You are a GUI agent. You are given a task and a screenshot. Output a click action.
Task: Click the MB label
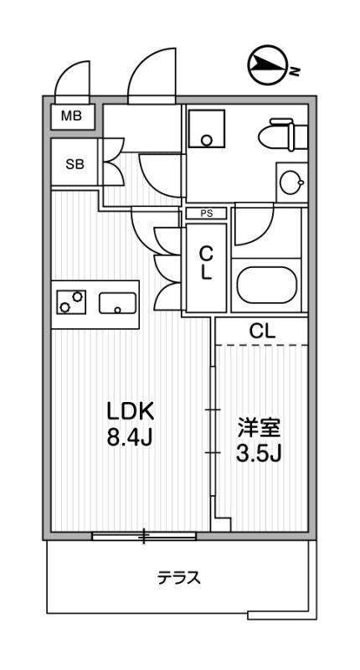coord(71,116)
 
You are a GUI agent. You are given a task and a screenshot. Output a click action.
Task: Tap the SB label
coord(75,164)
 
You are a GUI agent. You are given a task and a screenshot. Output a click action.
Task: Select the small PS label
coord(207,214)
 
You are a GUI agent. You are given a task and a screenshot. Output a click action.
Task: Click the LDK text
coord(130,412)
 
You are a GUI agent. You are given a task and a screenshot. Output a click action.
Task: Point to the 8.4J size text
coord(130,437)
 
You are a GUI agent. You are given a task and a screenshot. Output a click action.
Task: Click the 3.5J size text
coord(259,454)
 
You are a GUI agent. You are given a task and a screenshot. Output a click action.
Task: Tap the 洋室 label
coord(259,429)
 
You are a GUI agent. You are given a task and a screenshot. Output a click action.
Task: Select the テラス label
coord(179,578)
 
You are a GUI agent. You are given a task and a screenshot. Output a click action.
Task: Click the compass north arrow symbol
coord(266,64)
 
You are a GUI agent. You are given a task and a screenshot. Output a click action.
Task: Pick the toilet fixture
coord(283,136)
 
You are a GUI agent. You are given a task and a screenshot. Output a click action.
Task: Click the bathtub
coord(267,285)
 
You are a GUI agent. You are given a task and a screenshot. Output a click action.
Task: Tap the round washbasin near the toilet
coord(291,183)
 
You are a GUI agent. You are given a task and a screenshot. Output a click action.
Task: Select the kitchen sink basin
coord(117,303)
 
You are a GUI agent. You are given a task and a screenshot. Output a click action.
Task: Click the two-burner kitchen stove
coord(71,301)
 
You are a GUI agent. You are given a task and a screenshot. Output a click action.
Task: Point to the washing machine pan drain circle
coord(207,140)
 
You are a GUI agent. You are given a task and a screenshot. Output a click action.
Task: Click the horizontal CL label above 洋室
coord(262,331)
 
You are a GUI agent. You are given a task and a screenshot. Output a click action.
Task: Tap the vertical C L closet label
coord(206,265)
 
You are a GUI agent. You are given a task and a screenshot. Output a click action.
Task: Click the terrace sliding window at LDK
coord(144,536)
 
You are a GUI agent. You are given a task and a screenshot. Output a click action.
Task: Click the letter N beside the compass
coord(294,71)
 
